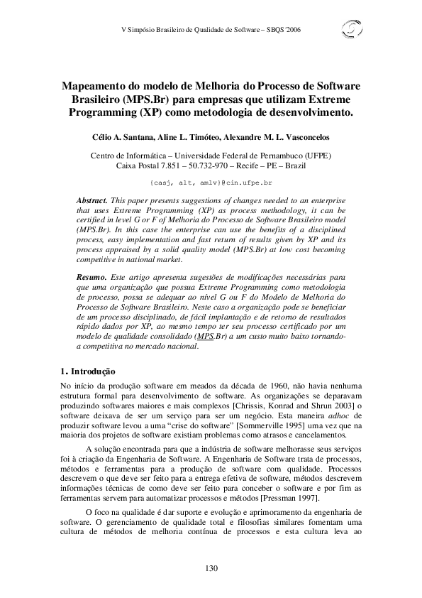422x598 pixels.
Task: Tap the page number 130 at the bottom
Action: [211, 567]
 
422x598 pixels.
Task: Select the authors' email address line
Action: [211, 183]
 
